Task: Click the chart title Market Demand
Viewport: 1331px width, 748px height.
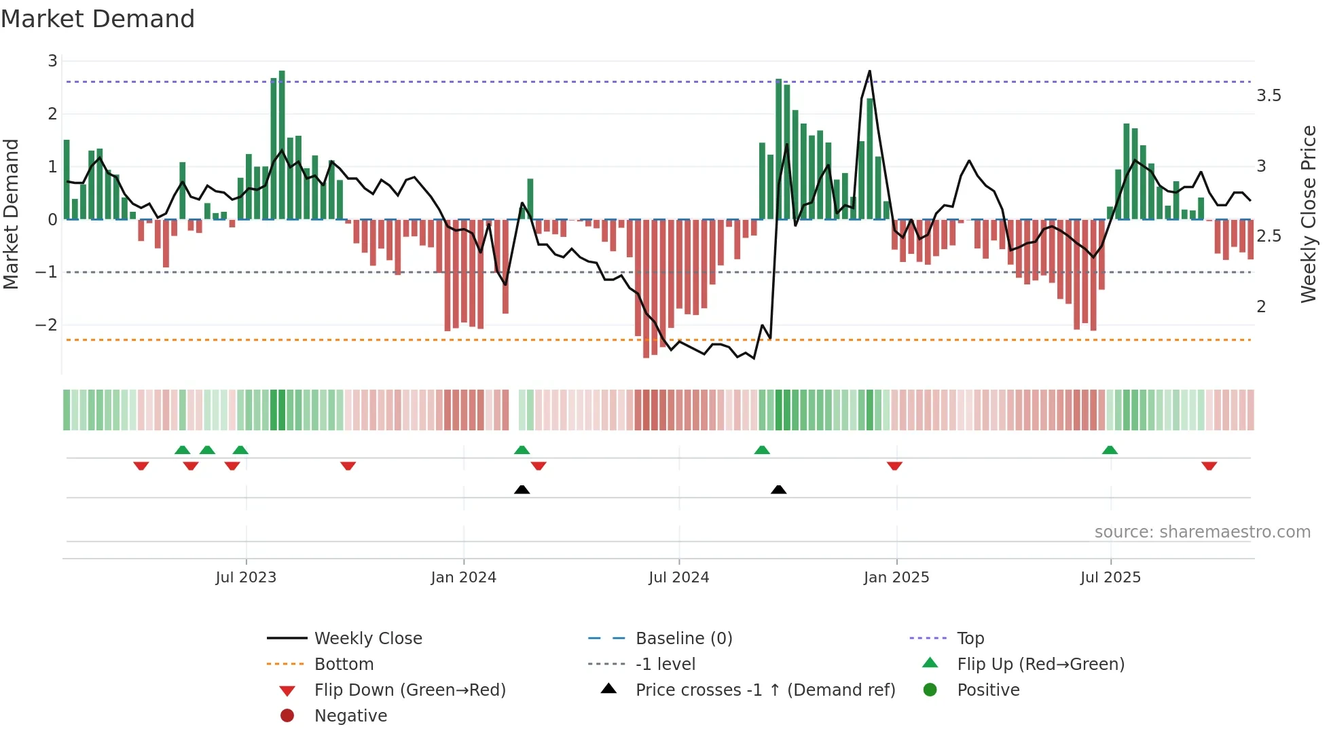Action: point(98,19)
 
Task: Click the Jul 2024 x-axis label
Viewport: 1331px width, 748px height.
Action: point(678,578)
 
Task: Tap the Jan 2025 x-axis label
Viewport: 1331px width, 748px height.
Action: point(896,578)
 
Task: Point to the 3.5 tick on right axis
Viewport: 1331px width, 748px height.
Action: point(1269,96)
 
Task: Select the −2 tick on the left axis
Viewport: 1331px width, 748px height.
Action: point(47,325)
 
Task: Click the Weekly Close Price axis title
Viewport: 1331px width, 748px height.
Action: point(1309,214)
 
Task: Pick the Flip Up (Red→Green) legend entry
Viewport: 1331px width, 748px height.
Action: point(1040,665)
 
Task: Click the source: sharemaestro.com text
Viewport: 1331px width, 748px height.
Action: point(1202,532)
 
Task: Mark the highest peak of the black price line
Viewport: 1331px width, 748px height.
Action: point(869,71)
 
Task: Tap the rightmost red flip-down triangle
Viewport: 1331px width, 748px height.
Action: point(1209,466)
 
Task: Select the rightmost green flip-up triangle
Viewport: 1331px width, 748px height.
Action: point(1110,450)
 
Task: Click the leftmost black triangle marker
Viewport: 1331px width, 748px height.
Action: point(522,489)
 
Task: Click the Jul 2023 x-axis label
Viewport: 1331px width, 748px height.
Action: point(246,578)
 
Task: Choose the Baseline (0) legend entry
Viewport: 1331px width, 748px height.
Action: point(683,639)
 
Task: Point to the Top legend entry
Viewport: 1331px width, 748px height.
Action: point(970,639)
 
